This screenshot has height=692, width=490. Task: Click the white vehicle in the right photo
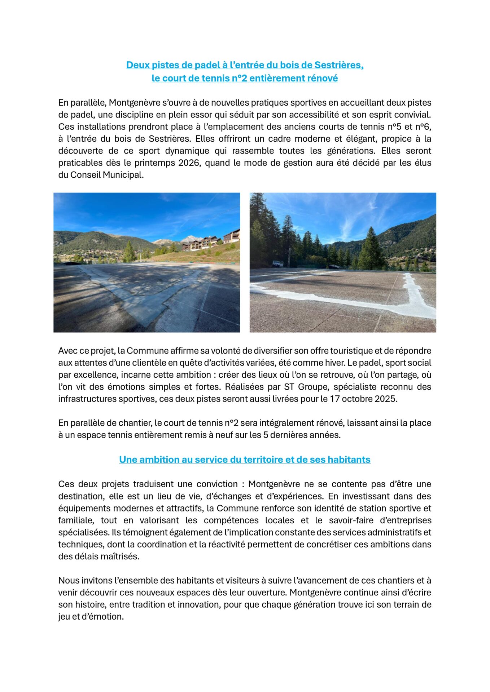tap(277, 263)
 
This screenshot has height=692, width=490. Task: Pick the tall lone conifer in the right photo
tap(371, 249)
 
